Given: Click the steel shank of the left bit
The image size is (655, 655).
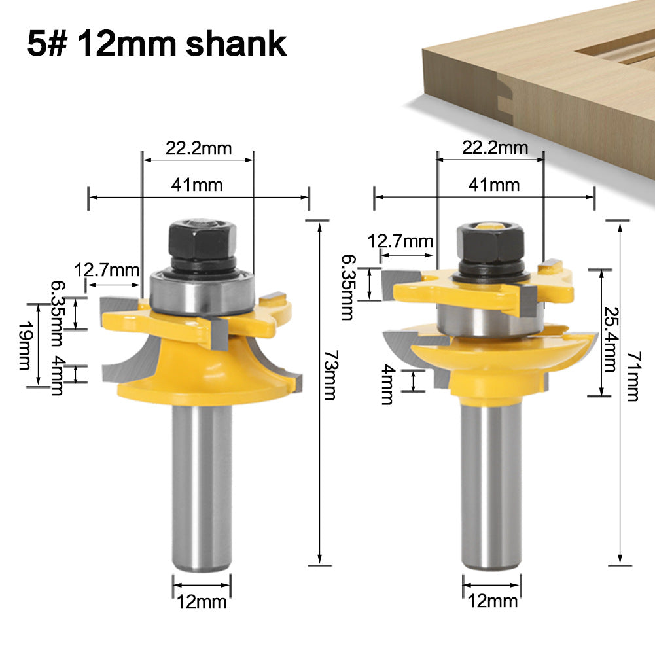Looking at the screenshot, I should tap(202, 484).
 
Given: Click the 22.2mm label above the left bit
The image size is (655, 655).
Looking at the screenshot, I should tap(198, 149).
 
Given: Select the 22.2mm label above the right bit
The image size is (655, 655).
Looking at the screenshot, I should tap(495, 148).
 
